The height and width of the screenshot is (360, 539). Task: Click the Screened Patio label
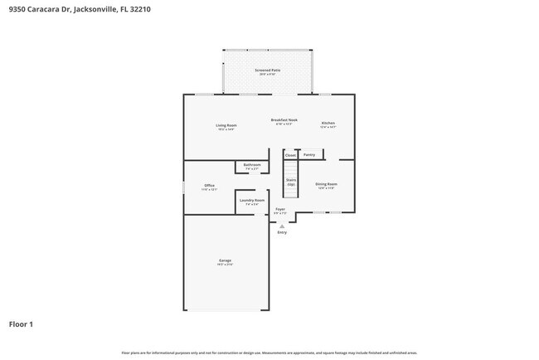[x=267, y=71]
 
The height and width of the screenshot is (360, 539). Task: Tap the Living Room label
[x=226, y=126]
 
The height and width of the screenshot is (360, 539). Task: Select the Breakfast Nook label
[x=284, y=120]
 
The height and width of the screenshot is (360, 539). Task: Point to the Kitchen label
[x=328, y=124]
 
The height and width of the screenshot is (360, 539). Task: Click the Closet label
[x=290, y=155]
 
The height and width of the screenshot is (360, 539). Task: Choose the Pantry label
[x=309, y=154]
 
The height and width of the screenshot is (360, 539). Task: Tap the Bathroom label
[x=252, y=165]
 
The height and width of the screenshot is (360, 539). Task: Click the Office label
[x=210, y=186]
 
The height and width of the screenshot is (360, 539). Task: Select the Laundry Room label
[x=252, y=201]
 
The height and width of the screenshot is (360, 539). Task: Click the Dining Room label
[x=326, y=185]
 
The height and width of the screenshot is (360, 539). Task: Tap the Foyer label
[x=280, y=210]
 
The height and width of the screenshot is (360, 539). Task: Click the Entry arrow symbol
[x=282, y=225]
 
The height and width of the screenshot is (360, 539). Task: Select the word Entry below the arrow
[x=282, y=232]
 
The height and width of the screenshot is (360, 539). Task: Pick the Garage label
[x=226, y=261]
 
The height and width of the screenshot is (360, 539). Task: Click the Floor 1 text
[x=21, y=324]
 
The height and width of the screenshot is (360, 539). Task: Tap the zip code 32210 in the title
[x=138, y=9]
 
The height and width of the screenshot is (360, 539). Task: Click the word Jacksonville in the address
[x=89, y=9]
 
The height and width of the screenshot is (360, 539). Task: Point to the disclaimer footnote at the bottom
[x=269, y=352]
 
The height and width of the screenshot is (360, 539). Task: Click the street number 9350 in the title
[x=17, y=9]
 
